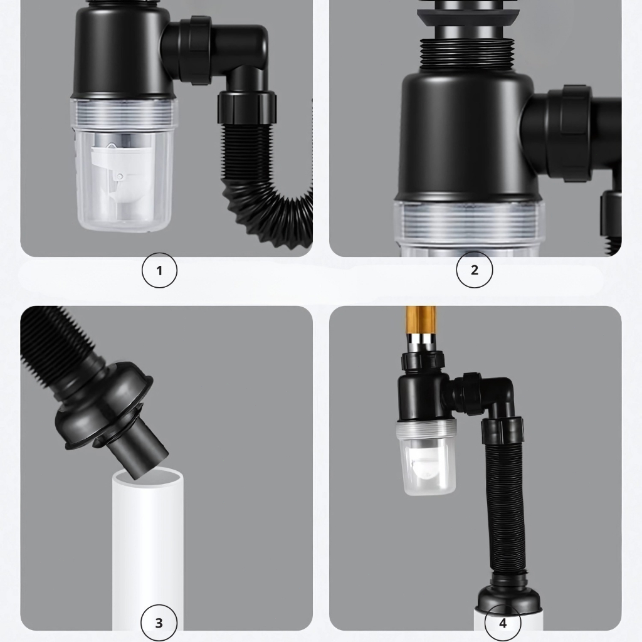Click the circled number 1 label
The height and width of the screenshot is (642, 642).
click(x=159, y=270)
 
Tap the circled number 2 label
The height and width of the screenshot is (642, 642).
click(x=474, y=270)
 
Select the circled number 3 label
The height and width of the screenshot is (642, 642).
click(x=159, y=623)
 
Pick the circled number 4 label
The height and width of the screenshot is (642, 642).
click(x=503, y=623)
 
